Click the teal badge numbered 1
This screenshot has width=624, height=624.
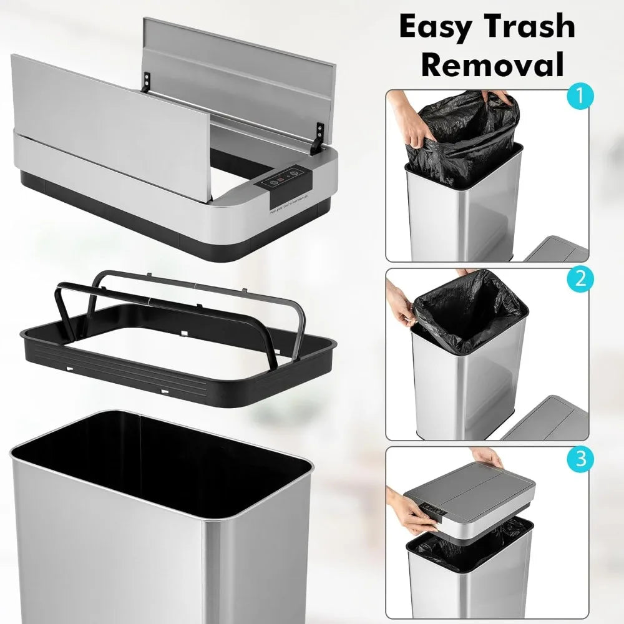580,97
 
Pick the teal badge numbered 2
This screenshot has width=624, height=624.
580,278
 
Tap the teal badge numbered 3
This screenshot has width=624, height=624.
580,460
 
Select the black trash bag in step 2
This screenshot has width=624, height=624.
468,312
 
